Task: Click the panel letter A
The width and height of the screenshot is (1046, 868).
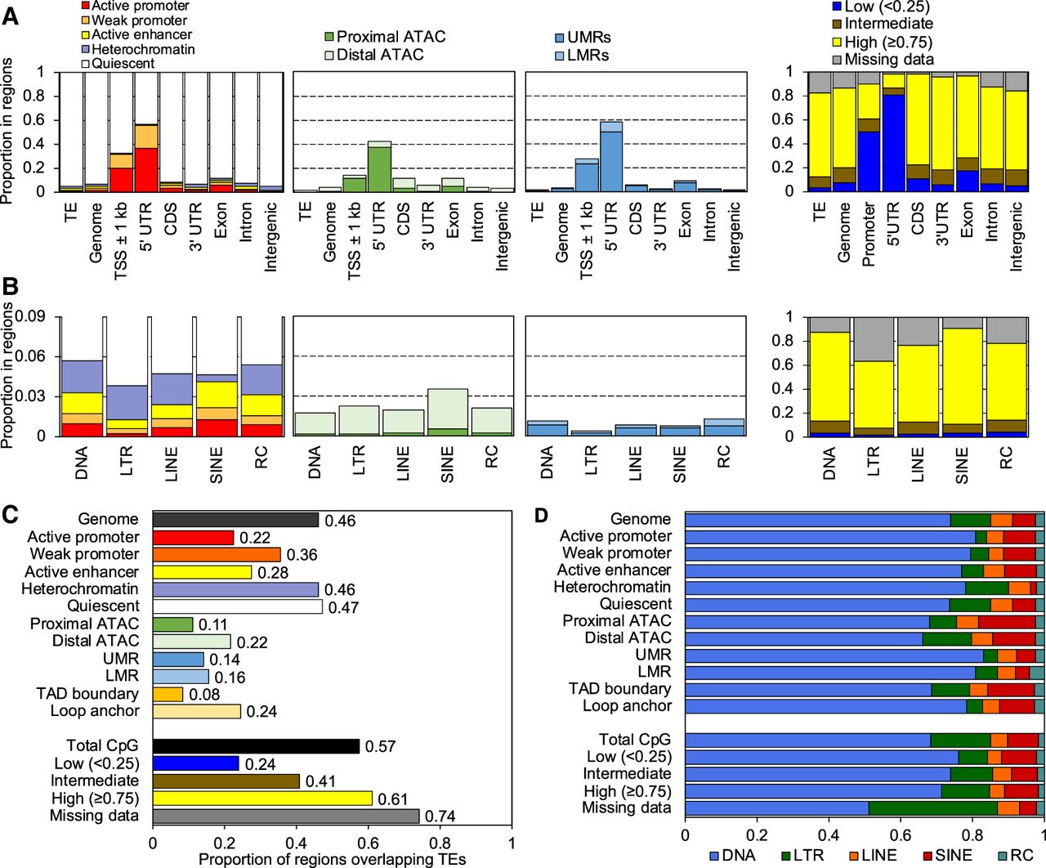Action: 10,16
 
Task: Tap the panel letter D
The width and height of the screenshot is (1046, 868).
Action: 541,516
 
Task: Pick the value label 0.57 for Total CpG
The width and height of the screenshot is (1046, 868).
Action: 380,746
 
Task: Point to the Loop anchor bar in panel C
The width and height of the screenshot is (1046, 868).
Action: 196,711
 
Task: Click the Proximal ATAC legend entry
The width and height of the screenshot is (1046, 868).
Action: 384,37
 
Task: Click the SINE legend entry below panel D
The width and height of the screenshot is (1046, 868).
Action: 947,855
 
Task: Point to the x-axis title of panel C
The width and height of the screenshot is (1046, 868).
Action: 332,859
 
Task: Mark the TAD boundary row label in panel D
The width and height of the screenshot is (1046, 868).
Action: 619,689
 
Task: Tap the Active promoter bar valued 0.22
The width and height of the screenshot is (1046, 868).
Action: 193,537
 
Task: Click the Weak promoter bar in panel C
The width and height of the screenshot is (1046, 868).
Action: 217,554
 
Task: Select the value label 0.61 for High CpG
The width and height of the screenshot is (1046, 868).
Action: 392,799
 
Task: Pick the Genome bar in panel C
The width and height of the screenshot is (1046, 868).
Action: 235,520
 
